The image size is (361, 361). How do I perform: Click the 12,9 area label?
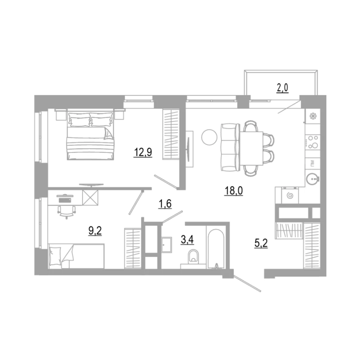[143, 152]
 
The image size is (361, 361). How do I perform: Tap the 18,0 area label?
[234, 191]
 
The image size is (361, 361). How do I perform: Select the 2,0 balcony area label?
[283, 88]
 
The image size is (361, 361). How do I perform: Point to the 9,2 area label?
[95, 231]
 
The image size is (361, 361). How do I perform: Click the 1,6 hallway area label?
[165, 204]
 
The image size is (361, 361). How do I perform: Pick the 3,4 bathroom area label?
[187, 240]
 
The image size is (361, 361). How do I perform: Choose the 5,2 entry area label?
[261, 243]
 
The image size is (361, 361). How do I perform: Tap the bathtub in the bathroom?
[215, 249]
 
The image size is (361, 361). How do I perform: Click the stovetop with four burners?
[313, 141]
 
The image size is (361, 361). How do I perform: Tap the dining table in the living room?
[251, 149]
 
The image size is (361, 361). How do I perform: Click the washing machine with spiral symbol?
[290, 196]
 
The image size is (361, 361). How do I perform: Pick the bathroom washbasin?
[166, 245]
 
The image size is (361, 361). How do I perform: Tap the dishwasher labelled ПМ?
[313, 164]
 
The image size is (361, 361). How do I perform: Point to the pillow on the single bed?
[55, 256]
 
